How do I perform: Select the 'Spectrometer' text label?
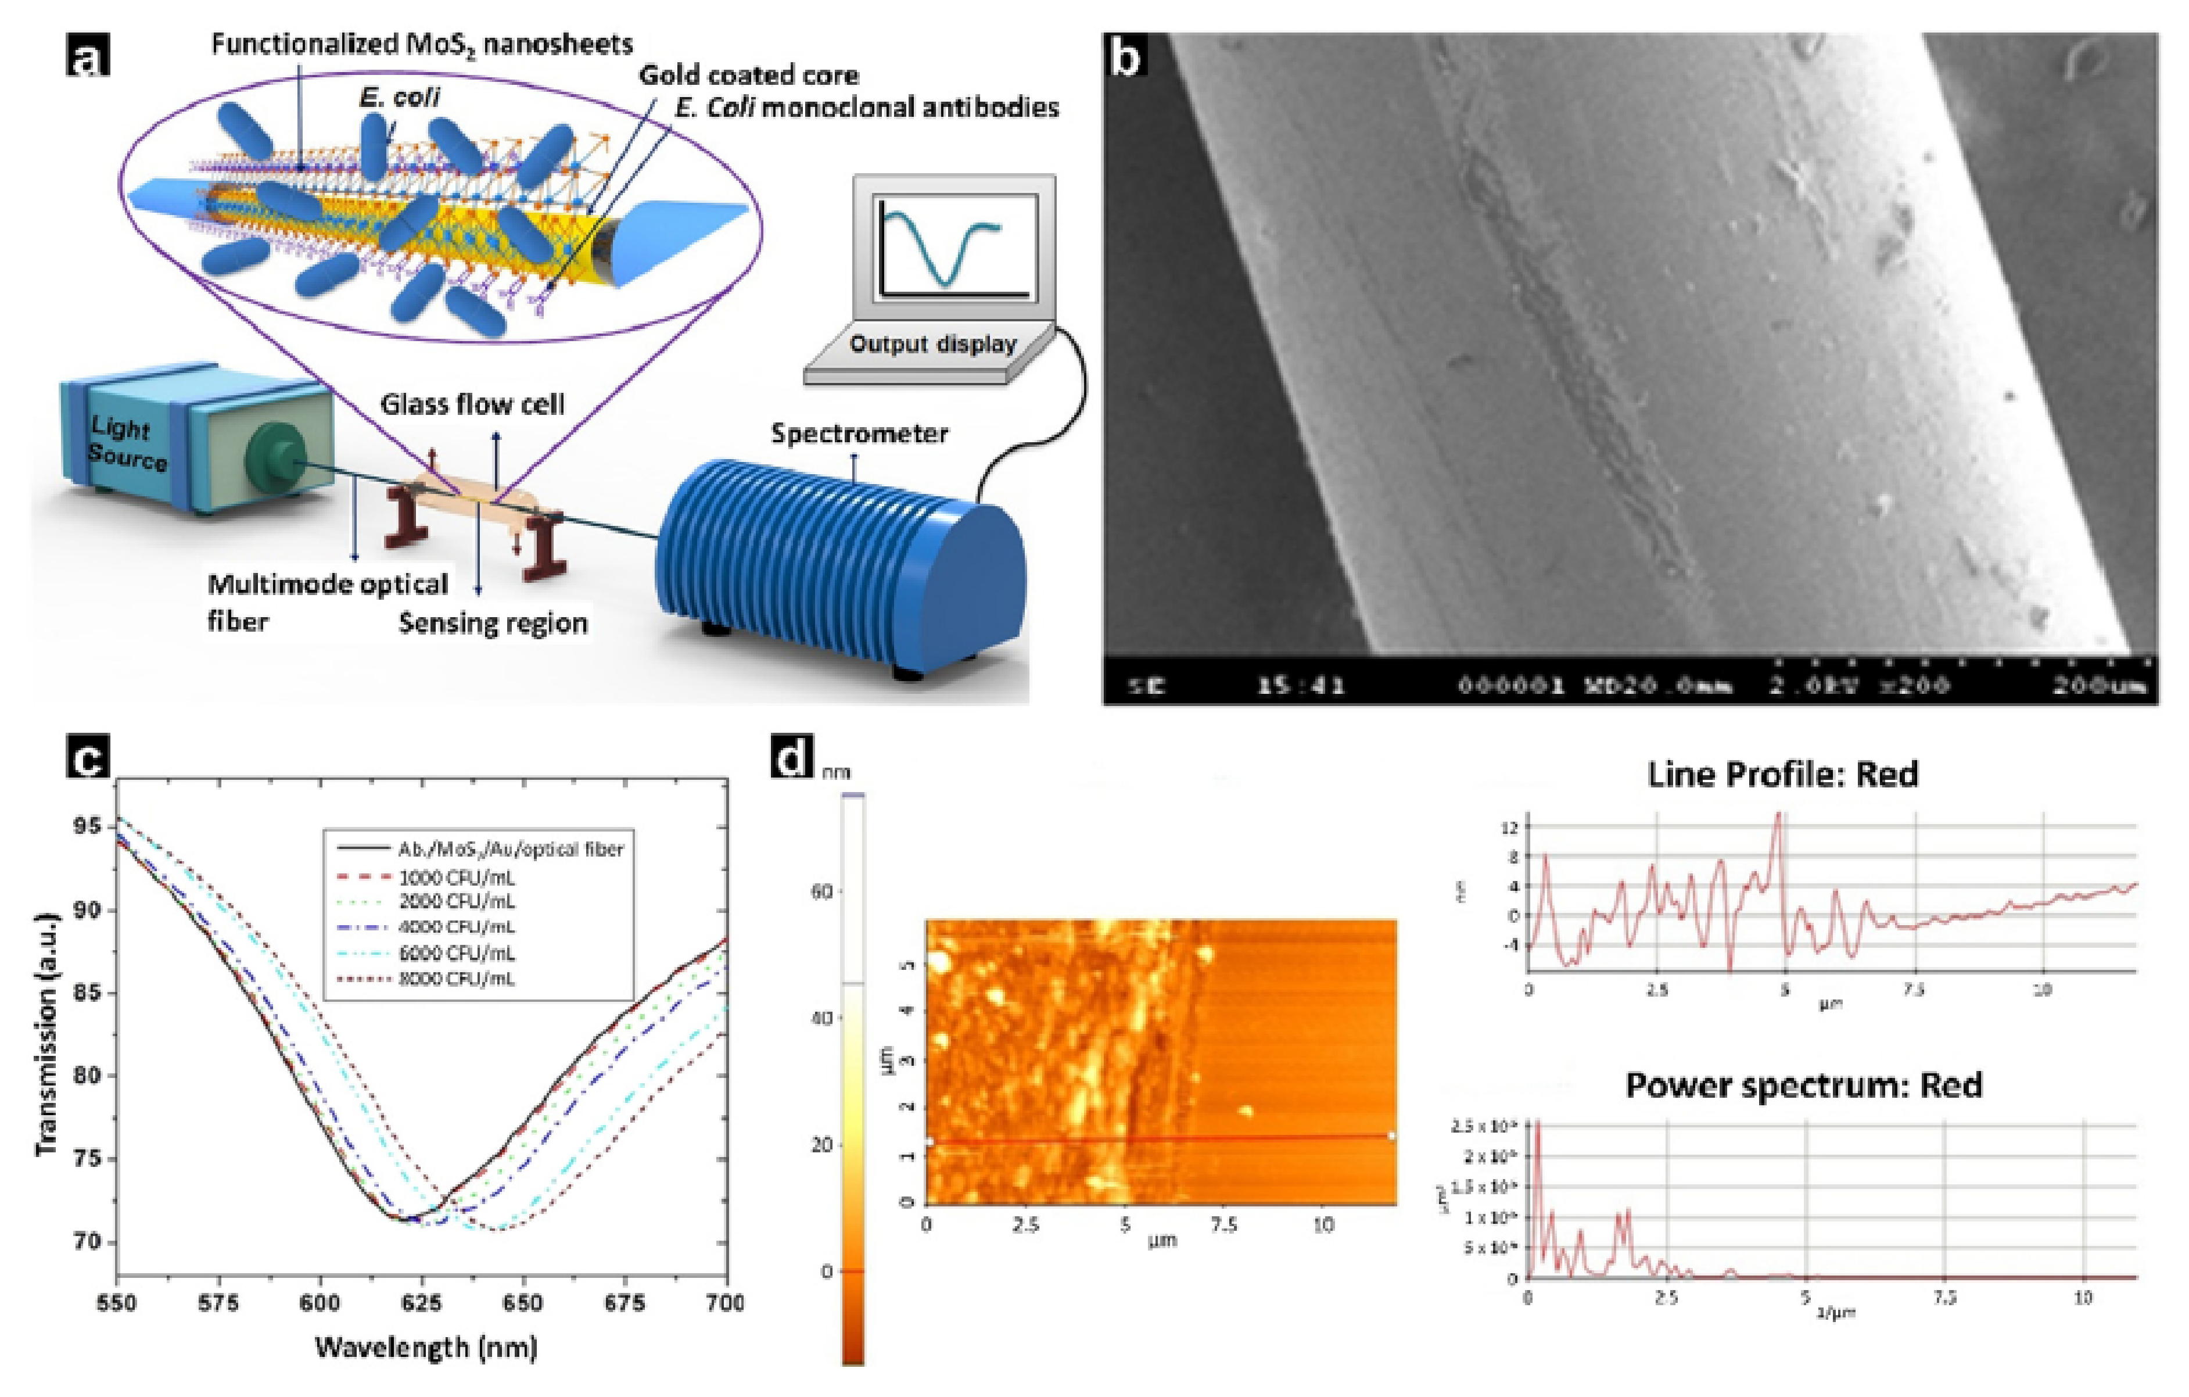click(859, 434)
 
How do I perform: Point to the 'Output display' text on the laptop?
click(932, 345)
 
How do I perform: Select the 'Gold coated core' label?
click(748, 74)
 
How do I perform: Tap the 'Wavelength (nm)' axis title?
click(425, 1347)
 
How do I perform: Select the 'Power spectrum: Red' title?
click(1804, 1085)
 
